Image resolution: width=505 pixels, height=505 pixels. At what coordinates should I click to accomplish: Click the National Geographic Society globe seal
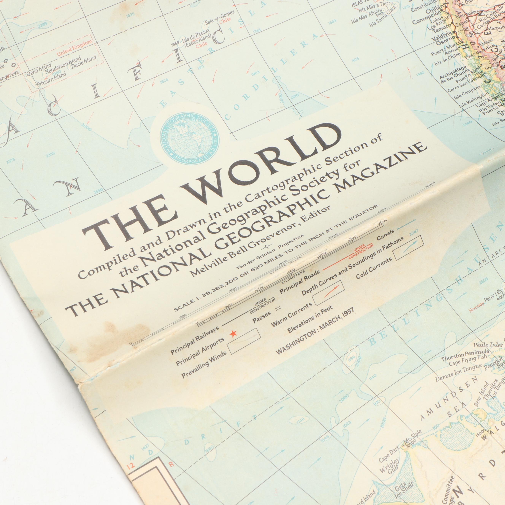click(x=190, y=141)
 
